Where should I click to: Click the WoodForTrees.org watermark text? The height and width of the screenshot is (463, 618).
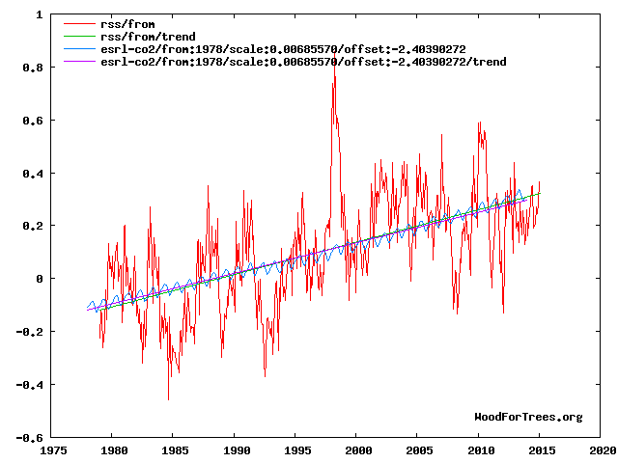coord(528,417)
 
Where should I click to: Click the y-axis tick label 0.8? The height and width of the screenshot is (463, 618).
coord(32,68)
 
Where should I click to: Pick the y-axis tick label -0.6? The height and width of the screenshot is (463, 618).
coord(29,437)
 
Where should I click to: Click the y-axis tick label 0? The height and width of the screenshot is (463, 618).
coord(38,279)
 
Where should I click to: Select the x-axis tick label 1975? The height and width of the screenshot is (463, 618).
coord(52,450)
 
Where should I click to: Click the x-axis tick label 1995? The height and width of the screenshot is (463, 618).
coord(296,450)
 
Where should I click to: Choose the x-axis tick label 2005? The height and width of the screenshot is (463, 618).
coord(418,450)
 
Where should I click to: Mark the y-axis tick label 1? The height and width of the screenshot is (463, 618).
coord(38,15)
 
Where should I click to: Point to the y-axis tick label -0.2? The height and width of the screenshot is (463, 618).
coord(29,332)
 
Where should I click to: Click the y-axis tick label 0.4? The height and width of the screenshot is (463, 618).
coord(32,174)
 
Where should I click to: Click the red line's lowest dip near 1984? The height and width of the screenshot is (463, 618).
coord(168,399)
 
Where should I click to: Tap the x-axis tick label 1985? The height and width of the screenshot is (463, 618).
coord(174,450)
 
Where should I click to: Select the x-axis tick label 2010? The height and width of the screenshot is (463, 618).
coord(479,450)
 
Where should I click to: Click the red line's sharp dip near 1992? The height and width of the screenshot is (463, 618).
coord(265,376)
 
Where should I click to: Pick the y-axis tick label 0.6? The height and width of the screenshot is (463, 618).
coord(32,121)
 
